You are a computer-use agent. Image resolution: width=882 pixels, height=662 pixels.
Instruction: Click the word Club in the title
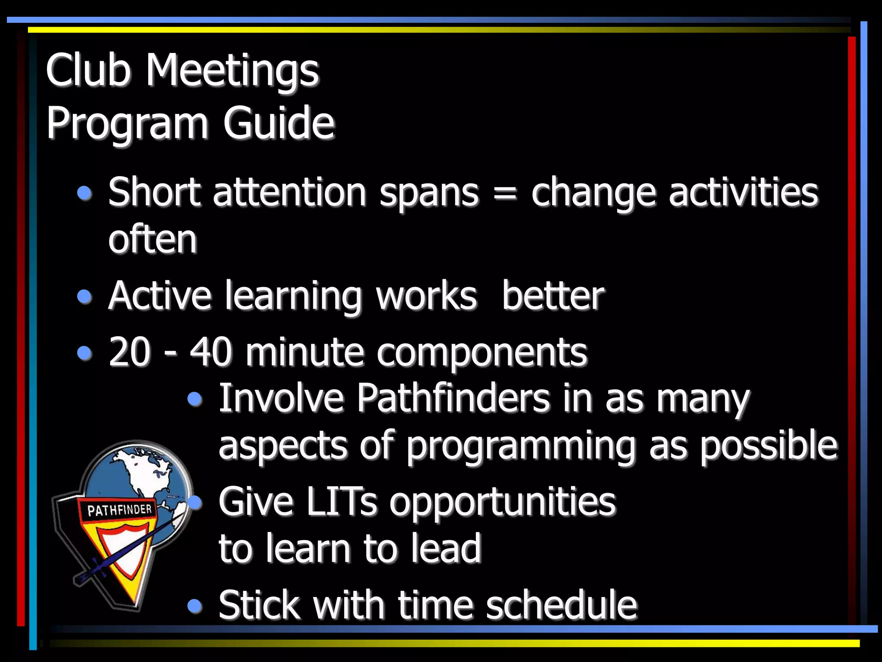tap(88, 70)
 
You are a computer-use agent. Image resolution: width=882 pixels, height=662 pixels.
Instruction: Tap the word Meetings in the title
tap(232, 71)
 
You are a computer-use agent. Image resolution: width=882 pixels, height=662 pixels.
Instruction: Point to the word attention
tap(289, 192)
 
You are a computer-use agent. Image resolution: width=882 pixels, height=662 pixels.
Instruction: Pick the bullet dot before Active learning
tap(85, 297)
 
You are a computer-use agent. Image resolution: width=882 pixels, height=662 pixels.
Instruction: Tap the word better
tap(553, 296)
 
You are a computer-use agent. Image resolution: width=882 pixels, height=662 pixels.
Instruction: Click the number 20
tap(130, 352)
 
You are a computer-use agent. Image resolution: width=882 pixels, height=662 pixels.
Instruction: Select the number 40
tap(211, 352)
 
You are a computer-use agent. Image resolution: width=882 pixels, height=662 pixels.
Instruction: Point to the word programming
tap(521, 446)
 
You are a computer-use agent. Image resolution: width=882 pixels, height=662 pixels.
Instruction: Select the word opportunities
tap(503, 503)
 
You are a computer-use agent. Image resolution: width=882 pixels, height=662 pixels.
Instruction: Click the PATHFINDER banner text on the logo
tap(120, 510)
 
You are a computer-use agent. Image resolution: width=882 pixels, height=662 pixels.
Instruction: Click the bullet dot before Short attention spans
tap(85, 193)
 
